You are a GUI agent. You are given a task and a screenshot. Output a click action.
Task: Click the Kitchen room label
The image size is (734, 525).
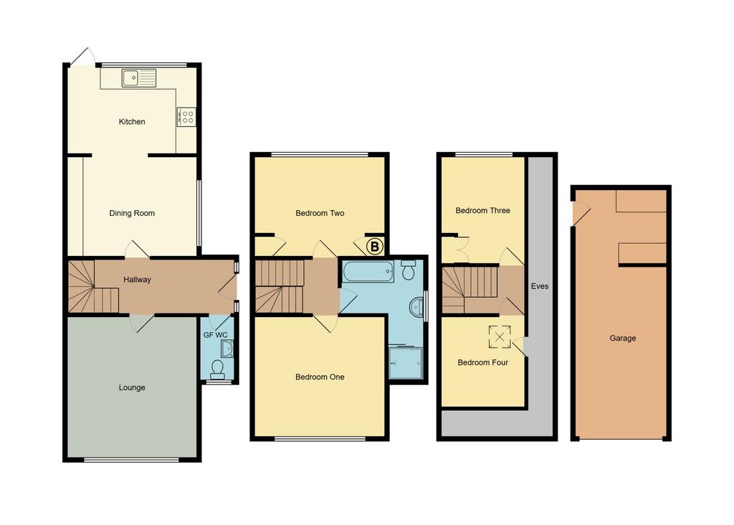point(132,122)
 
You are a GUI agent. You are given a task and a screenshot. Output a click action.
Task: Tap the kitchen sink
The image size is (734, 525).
point(138,78)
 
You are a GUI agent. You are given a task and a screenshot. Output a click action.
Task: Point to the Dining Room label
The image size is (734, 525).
point(132,213)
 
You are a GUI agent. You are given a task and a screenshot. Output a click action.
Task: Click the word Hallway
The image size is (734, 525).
point(137,280)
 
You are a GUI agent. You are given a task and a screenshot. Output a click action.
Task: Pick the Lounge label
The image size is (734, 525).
point(132,387)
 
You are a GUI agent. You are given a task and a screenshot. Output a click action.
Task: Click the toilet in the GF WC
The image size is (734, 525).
point(217,369)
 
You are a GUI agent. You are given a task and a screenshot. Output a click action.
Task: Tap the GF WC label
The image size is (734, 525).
point(215,335)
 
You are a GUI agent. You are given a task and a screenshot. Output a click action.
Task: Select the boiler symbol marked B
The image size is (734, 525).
point(374,246)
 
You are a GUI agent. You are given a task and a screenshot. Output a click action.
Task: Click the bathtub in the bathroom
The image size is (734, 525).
point(368,272)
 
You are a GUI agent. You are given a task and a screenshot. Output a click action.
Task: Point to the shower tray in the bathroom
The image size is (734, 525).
point(406,362)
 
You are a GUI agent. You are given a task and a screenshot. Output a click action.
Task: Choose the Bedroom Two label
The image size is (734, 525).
point(320,213)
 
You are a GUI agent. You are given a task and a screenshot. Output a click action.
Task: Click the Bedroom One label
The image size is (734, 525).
point(320,377)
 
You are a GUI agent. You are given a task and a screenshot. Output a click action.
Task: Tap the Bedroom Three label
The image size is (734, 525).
point(482,211)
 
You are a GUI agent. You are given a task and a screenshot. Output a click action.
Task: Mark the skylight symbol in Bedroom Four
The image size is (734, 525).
point(500,336)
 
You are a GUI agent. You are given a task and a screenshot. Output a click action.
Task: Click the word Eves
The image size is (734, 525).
point(540,286)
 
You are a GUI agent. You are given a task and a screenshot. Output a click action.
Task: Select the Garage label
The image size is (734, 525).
point(623,338)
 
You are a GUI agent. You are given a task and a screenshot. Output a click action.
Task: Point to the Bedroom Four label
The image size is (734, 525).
point(482,362)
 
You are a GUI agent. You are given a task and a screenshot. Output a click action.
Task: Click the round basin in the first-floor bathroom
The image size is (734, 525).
point(416,308)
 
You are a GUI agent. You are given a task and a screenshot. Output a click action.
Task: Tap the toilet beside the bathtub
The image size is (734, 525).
point(409,270)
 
